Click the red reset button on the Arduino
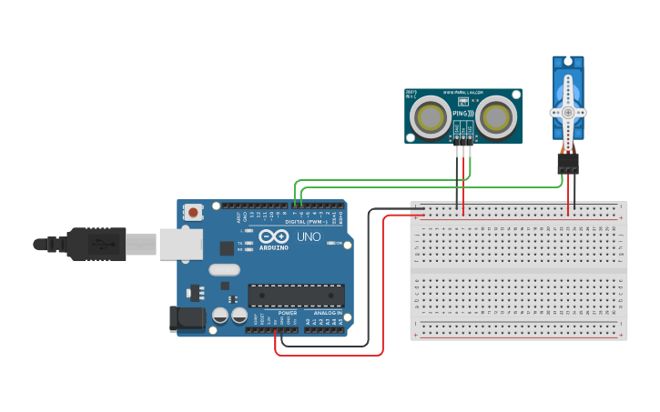(x=193, y=212)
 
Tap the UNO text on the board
(x=309, y=237)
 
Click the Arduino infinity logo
(x=273, y=236)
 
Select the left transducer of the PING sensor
(x=428, y=116)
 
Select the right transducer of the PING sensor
(x=496, y=116)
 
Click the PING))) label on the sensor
(x=462, y=113)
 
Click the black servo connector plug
(x=568, y=163)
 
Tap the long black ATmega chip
(x=297, y=296)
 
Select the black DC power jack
(x=186, y=318)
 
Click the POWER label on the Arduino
(x=287, y=313)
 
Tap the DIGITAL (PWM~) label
(x=308, y=221)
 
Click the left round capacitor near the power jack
(x=220, y=317)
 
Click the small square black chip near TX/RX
(x=228, y=247)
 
